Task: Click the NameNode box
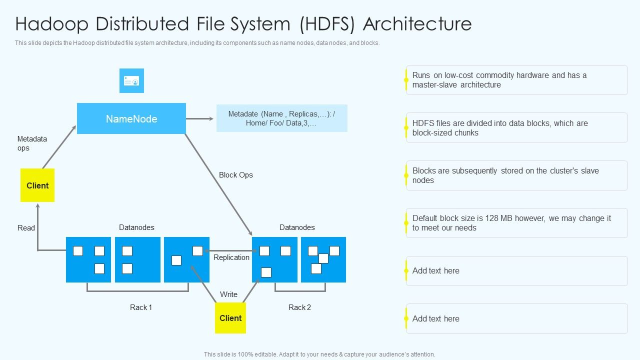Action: click(x=131, y=118)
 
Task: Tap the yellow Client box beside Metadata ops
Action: click(x=37, y=185)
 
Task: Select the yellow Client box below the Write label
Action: click(x=230, y=318)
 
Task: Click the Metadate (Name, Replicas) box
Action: click(x=281, y=118)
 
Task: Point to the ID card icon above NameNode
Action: click(x=131, y=81)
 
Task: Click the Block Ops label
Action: click(x=236, y=175)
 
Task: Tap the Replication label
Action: click(x=231, y=257)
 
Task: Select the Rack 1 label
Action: click(x=141, y=307)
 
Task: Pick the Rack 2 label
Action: click(x=299, y=307)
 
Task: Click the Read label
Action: click(x=26, y=228)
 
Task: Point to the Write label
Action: click(x=229, y=294)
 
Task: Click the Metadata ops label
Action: click(x=32, y=143)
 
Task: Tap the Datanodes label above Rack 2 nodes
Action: click(x=297, y=227)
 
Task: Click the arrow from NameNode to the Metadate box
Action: click(x=199, y=119)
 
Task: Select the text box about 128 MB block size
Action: click(x=516, y=223)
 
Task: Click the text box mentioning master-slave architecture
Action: click(x=516, y=80)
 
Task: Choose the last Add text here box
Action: click(x=516, y=318)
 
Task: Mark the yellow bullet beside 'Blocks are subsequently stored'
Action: click(x=406, y=175)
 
